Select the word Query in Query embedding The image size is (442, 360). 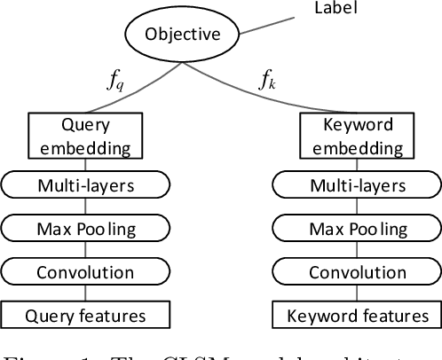(84, 127)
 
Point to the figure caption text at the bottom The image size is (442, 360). (221, 352)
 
